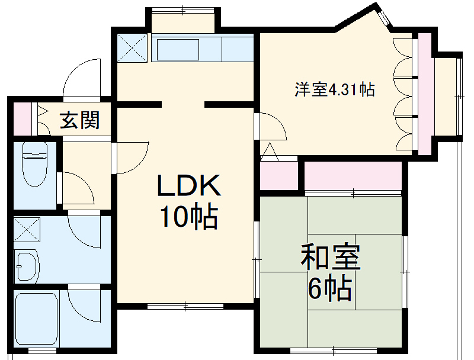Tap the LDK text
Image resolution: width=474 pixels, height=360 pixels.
click(x=188, y=187)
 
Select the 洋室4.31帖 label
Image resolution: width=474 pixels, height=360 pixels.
click(x=335, y=90)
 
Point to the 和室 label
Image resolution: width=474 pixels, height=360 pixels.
click(x=331, y=259)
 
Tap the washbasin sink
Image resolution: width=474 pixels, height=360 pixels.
click(x=26, y=267)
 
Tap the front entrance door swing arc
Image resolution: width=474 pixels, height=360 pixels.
click(x=83, y=77)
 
